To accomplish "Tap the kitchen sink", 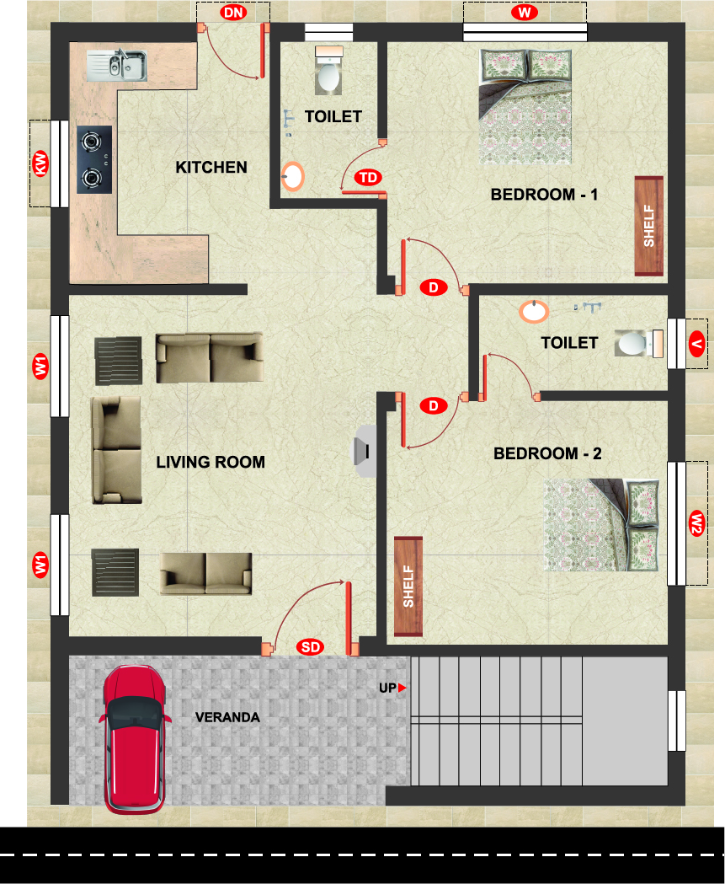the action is (116, 65).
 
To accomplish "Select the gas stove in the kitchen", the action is (94, 159).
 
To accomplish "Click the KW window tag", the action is (40, 163).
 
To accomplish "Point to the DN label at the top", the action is (233, 13).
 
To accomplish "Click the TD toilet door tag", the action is (368, 178).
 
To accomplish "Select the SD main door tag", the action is (311, 646).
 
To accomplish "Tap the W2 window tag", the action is (697, 523).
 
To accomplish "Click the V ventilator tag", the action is (697, 344).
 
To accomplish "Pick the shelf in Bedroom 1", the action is (649, 226).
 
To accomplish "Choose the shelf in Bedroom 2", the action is (408, 587).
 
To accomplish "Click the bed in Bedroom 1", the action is (525, 106).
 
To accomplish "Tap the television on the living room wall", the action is (364, 451).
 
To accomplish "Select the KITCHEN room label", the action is (211, 168).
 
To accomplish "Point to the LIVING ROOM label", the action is (211, 463).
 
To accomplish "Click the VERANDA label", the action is (227, 717).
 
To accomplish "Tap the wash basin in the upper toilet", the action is (292, 176).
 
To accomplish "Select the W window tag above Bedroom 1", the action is (525, 13).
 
